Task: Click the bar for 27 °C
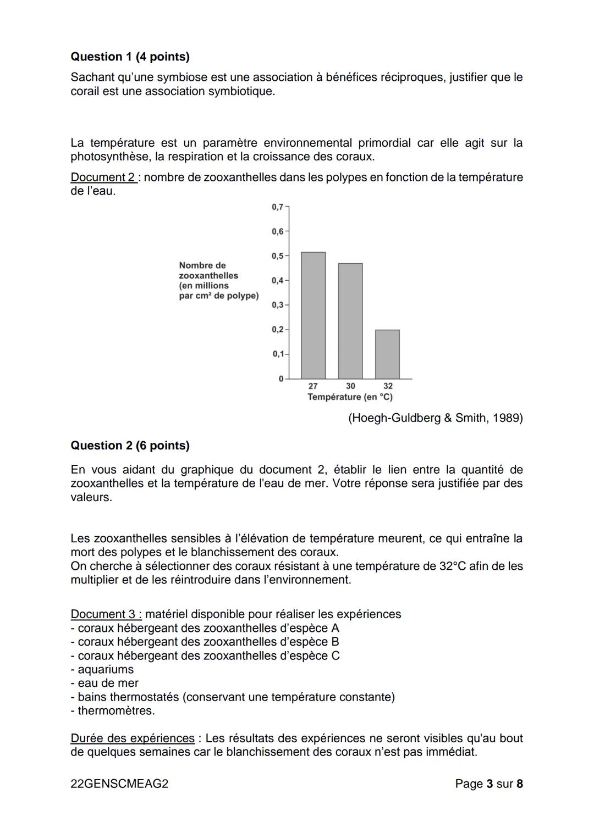click(313, 315)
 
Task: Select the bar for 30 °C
click(350, 321)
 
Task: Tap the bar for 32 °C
click(387, 354)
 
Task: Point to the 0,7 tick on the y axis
click(278, 207)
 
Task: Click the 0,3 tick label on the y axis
click(278, 305)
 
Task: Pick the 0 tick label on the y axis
click(280, 379)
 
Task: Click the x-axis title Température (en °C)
click(350, 397)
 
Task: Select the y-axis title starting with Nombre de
click(218, 280)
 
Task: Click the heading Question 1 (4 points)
click(130, 57)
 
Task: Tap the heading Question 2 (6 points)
click(130, 446)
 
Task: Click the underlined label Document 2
click(103, 177)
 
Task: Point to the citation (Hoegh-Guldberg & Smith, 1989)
click(435, 418)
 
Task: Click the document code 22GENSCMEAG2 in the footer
click(119, 784)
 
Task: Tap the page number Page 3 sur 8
click(488, 784)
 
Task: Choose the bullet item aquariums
click(102, 669)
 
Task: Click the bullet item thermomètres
click(113, 710)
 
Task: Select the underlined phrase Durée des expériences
click(132, 738)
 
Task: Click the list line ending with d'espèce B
click(205, 642)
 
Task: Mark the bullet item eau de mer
click(105, 683)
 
